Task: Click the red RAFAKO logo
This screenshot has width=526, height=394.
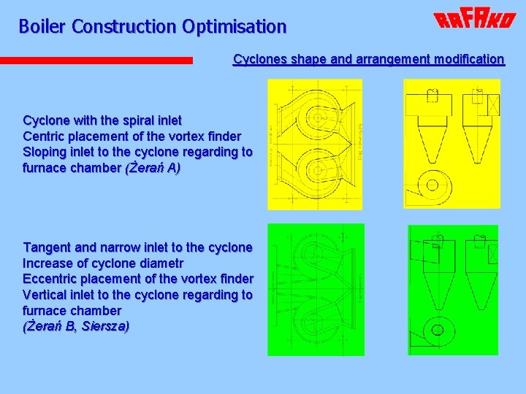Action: (474, 20)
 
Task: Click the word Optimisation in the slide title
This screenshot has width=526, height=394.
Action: (235, 27)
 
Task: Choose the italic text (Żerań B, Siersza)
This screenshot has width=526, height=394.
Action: (76, 326)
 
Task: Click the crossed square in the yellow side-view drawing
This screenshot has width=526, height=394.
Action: (492, 105)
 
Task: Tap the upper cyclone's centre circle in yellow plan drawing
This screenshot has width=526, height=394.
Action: (320, 115)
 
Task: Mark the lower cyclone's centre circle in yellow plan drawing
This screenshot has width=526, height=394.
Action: (320, 167)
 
